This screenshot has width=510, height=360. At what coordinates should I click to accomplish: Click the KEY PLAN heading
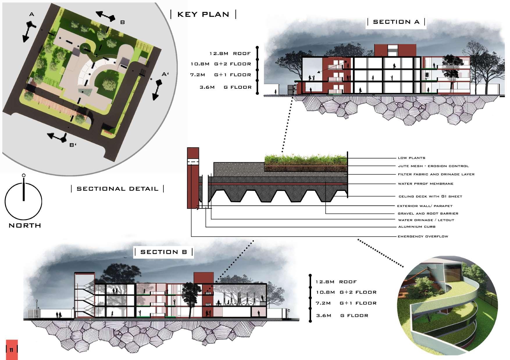pyautogui.click(x=203, y=14)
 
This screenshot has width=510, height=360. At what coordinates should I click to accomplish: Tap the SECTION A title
pyautogui.click(x=396, y=22)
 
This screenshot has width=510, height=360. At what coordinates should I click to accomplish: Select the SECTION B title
pyautogui.click(x=163, y=252)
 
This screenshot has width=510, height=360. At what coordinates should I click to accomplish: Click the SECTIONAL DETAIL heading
pyautogui.click(x=117, y=189)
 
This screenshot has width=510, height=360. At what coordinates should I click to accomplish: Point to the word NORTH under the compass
pyautogui.click(x=25, y=226)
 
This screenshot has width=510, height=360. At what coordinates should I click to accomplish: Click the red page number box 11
pyautogui.click(x=12, y=350)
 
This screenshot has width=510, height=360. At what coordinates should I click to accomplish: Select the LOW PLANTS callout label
pyautogui.click(x=411, y=158)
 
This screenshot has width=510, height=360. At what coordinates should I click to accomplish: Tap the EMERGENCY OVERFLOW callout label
pyautogui.click(x=423, y=237)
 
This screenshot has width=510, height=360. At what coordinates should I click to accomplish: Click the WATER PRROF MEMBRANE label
pyautogui.click(x=425, y=184)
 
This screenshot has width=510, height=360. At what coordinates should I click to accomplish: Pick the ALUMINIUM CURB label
pyautogui.click(x=417, y=227)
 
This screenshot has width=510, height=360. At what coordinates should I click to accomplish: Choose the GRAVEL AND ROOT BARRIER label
pyautogui.click(x=428, y=214)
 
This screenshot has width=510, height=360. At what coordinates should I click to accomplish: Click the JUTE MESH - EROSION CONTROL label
pyautogui.click(x=433, y=166)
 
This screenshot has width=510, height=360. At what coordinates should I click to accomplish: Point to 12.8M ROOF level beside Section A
pyautogui.click(x=230, y=54)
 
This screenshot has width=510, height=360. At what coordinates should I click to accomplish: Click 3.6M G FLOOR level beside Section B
pyautogui.click(x=342, y=315)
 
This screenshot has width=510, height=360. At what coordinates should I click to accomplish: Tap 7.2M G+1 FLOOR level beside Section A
pyautogui.click(x=220, y=75)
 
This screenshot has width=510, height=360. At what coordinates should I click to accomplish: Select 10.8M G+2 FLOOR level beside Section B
pyautogui.click(x=346, y=292)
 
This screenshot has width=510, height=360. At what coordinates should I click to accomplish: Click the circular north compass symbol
pyautogui.click(x=24, y=201)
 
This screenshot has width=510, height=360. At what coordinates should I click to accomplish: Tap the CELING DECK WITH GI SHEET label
pyautogui.click(x=430, y=196)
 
